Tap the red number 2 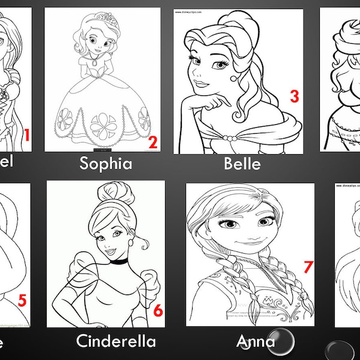click(152, 142)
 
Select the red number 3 click(294, 96)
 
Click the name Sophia click(106, 163)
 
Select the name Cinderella click(116, 342)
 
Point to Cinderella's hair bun click(109, 195)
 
